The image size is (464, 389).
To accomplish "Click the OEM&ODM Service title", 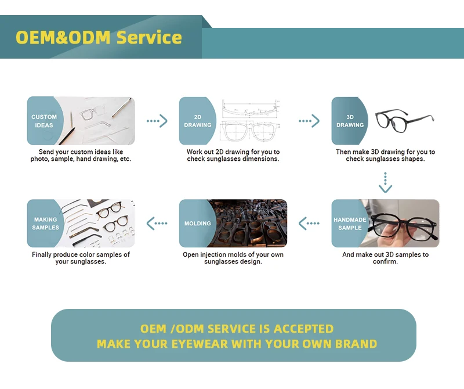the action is (99, 38).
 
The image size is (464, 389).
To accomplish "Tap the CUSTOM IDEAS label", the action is (44, 121).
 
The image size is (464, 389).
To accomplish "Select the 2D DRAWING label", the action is (198, 121).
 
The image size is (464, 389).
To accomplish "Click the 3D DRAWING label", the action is (350, 121).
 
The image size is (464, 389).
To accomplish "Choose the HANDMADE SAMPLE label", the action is (350, 224).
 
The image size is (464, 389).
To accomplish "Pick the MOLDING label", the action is (198, 224).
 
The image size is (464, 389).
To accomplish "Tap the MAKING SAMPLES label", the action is (45, 224).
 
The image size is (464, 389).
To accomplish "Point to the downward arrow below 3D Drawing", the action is (385, 182).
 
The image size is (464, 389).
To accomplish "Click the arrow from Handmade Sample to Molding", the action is (309, 223).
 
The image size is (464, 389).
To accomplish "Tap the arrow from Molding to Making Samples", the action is (157, 223).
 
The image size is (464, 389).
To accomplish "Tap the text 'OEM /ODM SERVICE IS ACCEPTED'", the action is (237, 329).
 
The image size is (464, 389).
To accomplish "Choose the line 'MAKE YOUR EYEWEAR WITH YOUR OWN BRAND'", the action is (237, 344).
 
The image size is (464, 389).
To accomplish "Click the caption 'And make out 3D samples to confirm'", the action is (385, 258).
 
